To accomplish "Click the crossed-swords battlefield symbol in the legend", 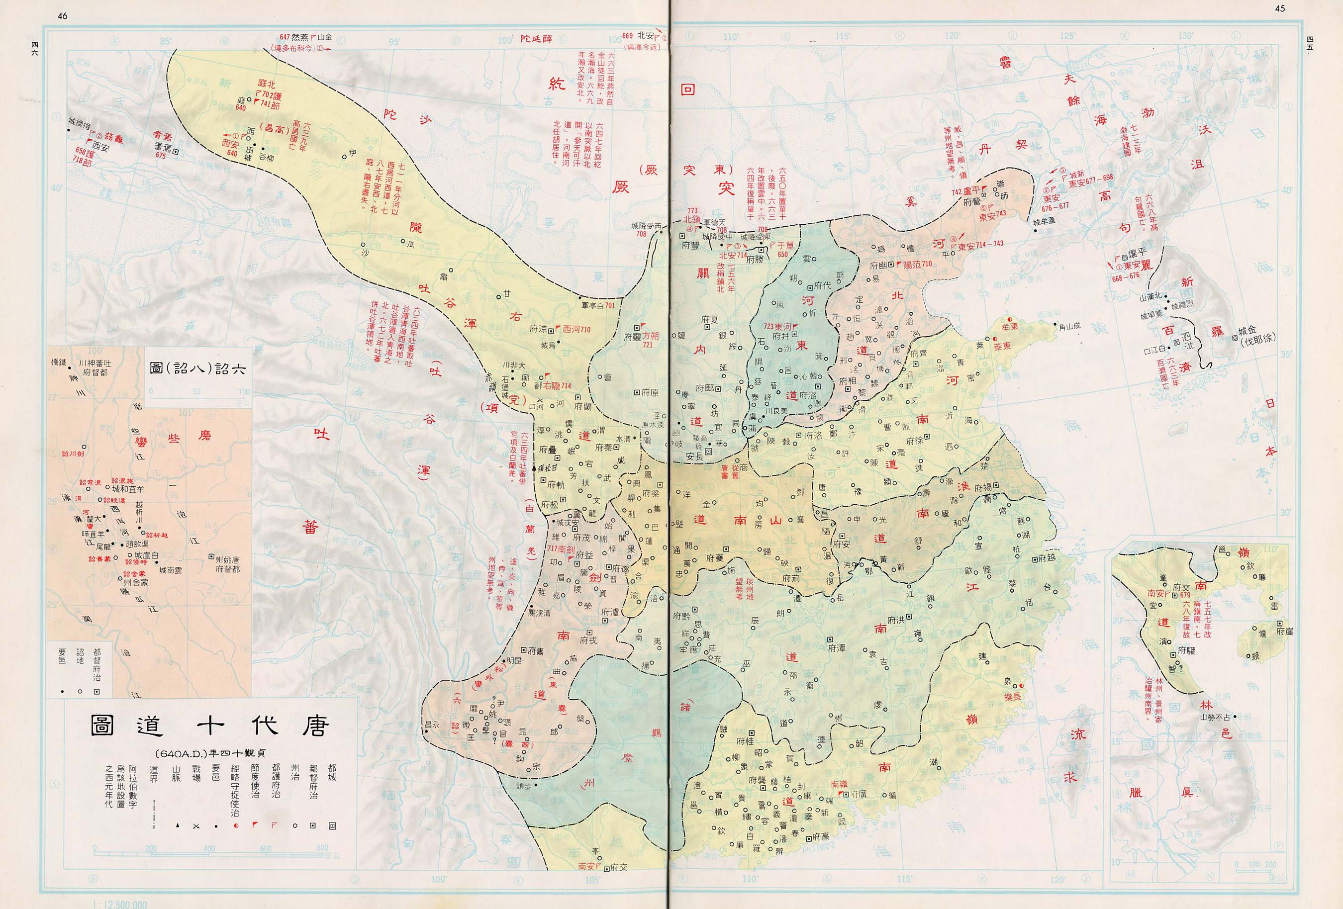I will click(196, 826).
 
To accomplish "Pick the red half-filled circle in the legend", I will click(235, 826).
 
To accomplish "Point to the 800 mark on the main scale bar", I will click(321, 849).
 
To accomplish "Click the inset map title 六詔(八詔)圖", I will click(197, 368).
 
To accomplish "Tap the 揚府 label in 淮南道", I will click(982, 487).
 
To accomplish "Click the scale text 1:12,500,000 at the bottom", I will click(119, 905).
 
